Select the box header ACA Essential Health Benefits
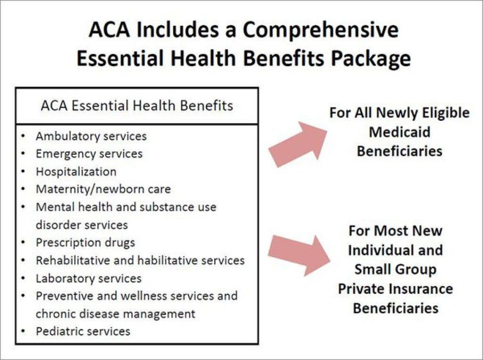[x=137, y=106]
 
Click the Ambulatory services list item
[x=91, y=136]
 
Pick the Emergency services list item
[x=89, y=154]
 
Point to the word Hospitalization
[x=76, y=172]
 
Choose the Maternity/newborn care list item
[x=103, y=189]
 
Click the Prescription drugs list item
[x=85, y=243]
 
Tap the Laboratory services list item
[x=89, y=278]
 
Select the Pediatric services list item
[x=83, y=331]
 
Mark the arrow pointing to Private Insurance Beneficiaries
[x=299, y=255]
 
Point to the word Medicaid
[x=400, y=132]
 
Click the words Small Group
[x=396, y=269]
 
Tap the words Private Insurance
[x=396, y=289]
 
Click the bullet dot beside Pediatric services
[x=23, y=332]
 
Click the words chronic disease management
[x=116, y=314]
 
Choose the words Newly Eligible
[x=423, y=113]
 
